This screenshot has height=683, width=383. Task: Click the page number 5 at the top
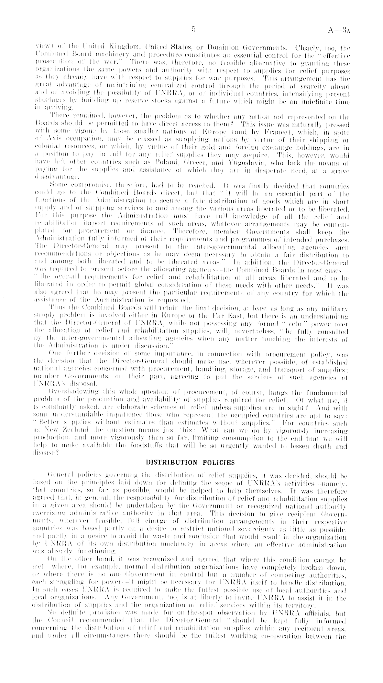[193, 30]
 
